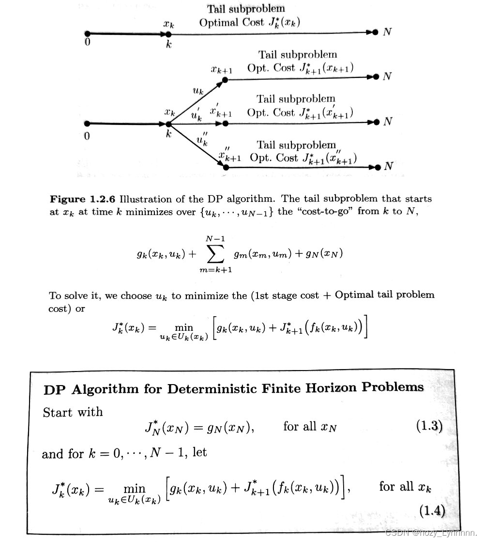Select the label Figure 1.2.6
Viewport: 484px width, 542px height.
point(83,199)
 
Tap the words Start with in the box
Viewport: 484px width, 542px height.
point(73,412)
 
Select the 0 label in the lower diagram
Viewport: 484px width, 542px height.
point(87,136)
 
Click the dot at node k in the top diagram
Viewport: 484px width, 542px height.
point(168,34)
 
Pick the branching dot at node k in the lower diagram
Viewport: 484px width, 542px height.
point(168,124)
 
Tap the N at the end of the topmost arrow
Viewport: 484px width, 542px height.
point(387,32)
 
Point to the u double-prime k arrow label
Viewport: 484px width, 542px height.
point(202,140)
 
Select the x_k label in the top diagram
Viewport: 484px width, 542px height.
point(168,23)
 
